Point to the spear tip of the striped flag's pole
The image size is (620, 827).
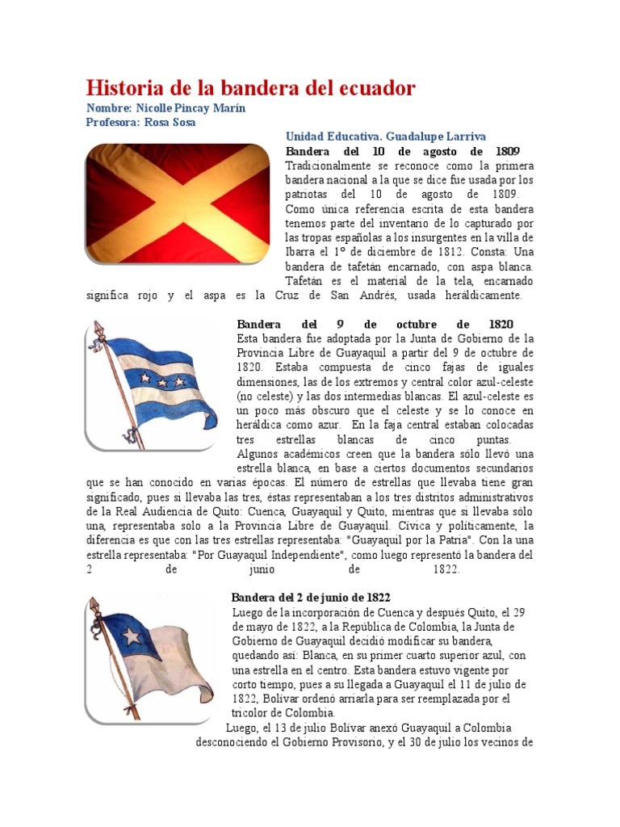pos(98,330)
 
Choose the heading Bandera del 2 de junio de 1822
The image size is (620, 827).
pos(311,598)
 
